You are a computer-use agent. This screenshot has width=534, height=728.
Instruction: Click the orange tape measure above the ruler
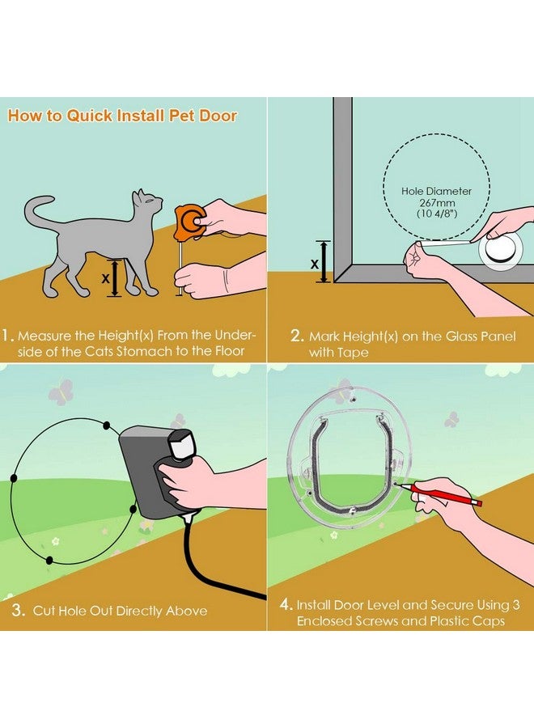190,222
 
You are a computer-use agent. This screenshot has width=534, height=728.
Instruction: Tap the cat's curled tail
40,211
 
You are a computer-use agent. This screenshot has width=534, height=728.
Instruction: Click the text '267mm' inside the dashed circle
437,203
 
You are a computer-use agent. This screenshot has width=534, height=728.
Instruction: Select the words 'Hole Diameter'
436,191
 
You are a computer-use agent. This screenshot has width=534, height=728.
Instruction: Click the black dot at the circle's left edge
14,478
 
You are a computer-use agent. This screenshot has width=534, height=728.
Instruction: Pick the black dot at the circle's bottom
49,561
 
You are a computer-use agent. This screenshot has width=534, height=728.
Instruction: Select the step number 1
6,336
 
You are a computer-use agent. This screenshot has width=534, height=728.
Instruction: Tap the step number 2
297,336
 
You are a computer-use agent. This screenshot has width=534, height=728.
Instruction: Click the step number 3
18,610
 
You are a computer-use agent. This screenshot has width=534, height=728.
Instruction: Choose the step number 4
286,605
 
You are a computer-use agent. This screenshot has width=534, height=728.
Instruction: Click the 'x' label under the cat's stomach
105,278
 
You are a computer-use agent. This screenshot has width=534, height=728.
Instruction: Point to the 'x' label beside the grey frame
315,264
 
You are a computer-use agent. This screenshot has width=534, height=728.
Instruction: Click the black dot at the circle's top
106,425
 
